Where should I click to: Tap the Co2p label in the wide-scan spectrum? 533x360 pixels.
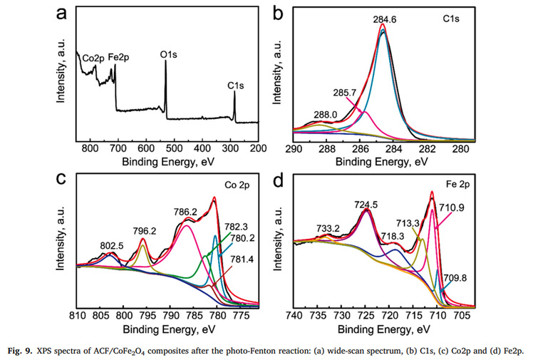93,58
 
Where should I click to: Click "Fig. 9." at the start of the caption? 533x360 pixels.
21,349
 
